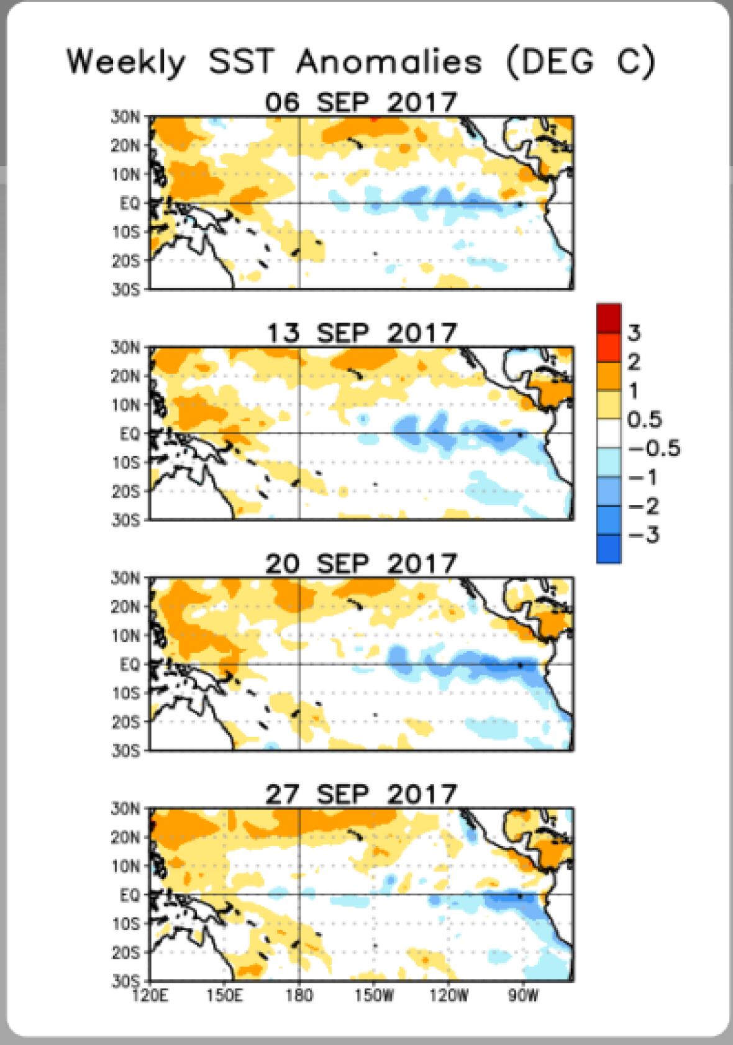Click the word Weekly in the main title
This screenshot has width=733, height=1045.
[126, 63]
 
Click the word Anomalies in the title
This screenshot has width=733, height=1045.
[389, 63]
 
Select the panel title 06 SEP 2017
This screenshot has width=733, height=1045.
[361, 103]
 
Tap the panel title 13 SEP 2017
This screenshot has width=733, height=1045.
[362, 334]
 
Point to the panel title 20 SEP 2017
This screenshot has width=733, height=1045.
[361, 564]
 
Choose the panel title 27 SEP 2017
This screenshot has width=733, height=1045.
[361, 795]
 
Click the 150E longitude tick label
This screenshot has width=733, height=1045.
[224, 996]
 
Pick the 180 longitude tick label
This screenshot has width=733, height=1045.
[299, 996]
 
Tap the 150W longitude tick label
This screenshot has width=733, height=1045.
[374, 996]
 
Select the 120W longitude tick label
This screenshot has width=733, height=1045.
[448, 996]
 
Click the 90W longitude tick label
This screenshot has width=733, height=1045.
[523, 996]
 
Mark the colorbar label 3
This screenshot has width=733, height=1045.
[634, 334]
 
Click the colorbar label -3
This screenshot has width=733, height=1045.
[644, 535]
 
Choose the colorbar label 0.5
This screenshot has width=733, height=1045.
[645, 420]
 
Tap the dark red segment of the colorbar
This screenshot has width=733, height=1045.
[609, 317]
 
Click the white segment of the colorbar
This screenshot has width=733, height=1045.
[609, 433]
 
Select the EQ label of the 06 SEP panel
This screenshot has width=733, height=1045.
[130, 203]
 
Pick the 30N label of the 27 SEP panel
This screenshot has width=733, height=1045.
[126, 809]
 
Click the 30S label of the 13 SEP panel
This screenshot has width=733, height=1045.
[126, 520]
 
